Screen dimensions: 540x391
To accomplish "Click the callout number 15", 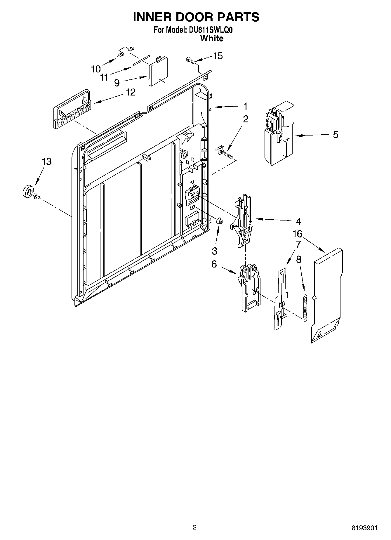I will tap(218, 56).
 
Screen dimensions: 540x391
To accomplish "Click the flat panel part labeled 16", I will tap(327, 295).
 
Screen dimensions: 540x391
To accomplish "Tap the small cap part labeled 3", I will tap(220, 221).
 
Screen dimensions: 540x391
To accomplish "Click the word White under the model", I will tap(212, 38).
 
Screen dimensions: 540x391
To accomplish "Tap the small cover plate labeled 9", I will tap(158, 72).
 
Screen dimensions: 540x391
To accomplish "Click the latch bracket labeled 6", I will tap(250, 289).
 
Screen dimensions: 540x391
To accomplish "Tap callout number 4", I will tap(298, 221).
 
